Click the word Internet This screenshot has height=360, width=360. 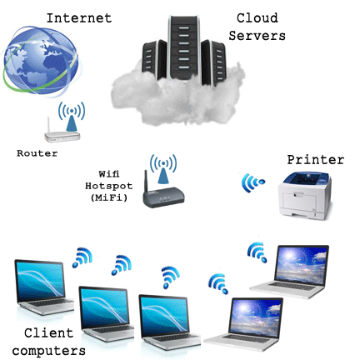tap(79, 18)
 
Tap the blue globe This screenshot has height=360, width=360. tap(41, 60)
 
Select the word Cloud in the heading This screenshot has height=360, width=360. tap(257, 18)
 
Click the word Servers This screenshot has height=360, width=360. tap(257, 36)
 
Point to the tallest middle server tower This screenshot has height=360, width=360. tap(184, 47)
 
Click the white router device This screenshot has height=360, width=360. tap(62, 136)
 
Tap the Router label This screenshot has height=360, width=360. tap(37, 153)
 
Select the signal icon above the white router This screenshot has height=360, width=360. tap(72, 116)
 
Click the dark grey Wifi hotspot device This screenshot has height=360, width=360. tap(163, 196)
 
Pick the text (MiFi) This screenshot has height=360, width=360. tap(109, 197)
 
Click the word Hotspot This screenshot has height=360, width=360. tap(109, 186)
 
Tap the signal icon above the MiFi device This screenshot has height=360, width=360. tap(163, 168)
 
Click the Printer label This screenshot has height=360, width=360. tap(316, 160)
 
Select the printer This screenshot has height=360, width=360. tap(305, 195)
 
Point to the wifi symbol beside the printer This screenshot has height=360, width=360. tap(252, 182)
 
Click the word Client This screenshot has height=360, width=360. tap(49, 333)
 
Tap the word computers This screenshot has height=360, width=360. tap(49, 351)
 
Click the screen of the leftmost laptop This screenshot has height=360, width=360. tap(40, 281)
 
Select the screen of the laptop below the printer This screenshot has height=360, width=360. tap(301, 265)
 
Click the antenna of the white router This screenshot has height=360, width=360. tap(48, 125)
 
